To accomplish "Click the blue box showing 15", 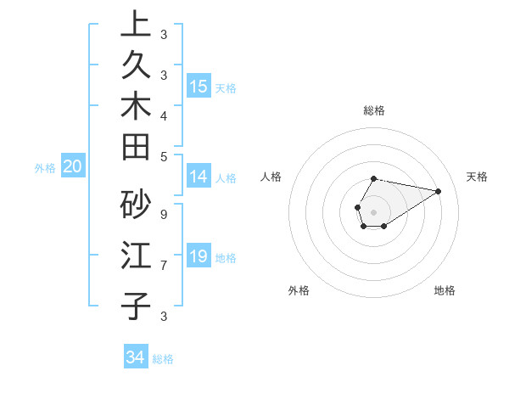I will point(199,86).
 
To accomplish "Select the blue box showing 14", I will point(199,177).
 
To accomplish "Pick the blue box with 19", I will point(199,256).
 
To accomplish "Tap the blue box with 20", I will point(73,166).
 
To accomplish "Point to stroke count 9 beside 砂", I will point(163,215).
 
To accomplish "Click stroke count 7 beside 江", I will point(163,266).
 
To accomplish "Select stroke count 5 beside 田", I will point(163,156).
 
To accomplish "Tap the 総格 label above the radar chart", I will point(374,110).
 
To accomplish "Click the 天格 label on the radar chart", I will point(477,177).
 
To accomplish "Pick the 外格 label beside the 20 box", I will point(45,168).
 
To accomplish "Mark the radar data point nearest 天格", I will point(438,191).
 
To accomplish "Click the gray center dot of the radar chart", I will point(374,212).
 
